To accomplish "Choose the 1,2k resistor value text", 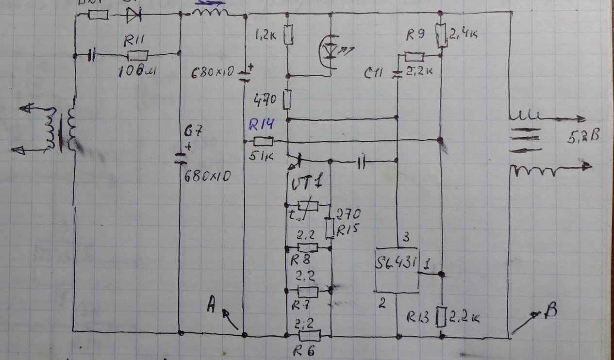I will (266, 35).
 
